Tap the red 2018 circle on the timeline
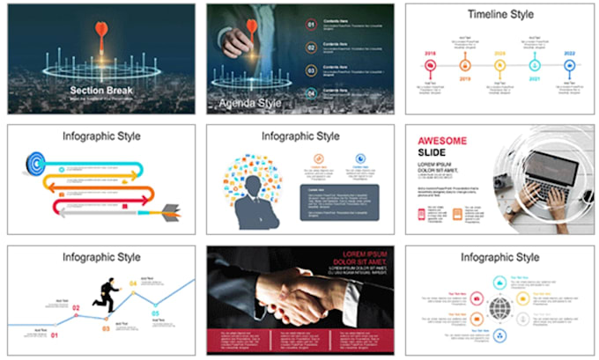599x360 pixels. tap(431, 65)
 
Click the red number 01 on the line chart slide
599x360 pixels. tap(54, 336)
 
